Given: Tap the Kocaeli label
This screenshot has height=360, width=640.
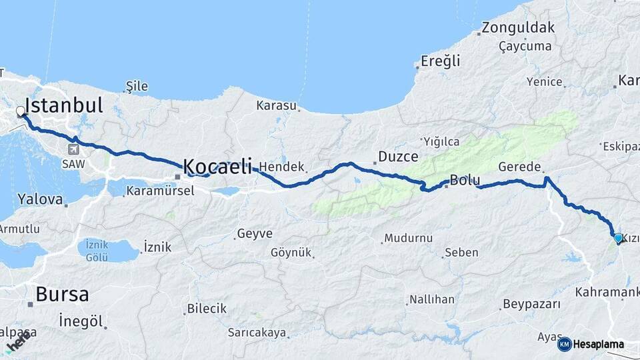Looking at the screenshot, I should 217,165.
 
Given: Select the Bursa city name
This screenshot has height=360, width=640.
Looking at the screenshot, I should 62,294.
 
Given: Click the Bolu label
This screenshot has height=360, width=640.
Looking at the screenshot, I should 465,180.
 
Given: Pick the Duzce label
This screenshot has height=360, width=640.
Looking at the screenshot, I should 398,157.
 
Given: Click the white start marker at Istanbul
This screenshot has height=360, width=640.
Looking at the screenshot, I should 21,112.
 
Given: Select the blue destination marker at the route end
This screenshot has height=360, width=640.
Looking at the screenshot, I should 618,238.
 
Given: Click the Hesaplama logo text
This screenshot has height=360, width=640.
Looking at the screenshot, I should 598,344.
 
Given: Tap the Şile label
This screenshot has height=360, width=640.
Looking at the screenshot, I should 137,86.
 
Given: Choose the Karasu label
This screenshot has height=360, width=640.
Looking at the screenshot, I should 276,105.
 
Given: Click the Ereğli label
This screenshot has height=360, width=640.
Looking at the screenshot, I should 440,61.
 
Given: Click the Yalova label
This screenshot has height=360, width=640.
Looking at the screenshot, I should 40,199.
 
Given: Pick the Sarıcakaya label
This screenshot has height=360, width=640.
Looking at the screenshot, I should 257,332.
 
